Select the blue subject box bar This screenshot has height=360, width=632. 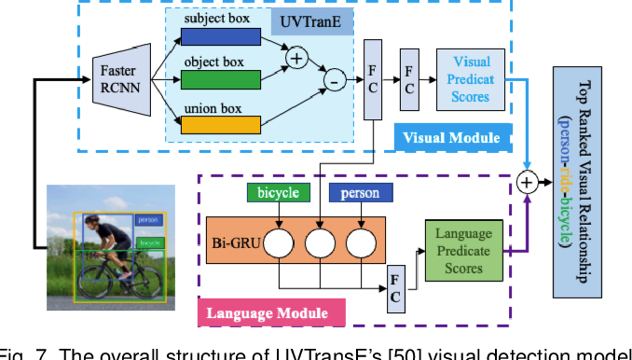tap(221, 36)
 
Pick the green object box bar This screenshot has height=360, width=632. tap(221, 76)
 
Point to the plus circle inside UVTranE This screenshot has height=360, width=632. tap(297, 59)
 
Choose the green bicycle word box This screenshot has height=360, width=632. tap(278, 192)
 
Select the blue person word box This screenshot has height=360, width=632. tap(359, 192)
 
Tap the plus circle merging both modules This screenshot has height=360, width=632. tap(528, 183)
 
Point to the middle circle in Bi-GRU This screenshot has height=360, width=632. tap(319, 244)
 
